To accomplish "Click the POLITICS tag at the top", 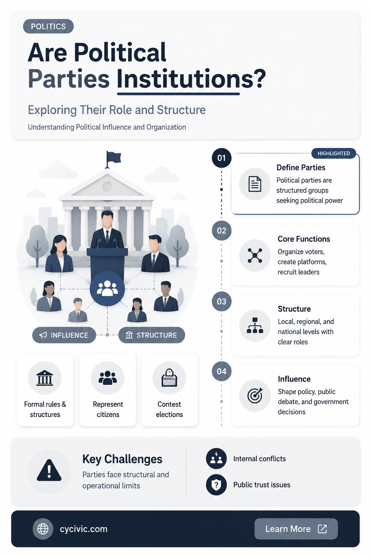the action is pos(48,26).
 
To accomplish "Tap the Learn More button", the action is pos(296,529).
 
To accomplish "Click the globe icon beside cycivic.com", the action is pos(43,529).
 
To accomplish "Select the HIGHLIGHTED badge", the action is pos(333,153).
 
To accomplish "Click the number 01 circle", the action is pos(221,158).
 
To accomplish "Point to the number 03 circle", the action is pos(221,301).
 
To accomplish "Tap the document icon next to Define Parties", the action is pos(255,184).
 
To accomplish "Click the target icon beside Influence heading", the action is pos(255,395).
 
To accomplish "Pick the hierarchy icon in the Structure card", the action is pos(255,325).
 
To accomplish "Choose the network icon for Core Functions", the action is pos(255,255).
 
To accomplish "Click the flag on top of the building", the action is pos(113,158).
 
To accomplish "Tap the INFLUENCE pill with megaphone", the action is pos(64,335).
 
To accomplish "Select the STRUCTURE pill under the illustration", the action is pos(151,335).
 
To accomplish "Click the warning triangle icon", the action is pos(49,470).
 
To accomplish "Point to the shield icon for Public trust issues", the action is pos(216,484).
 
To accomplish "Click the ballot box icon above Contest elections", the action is pos(169,378).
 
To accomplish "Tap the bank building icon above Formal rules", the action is pos(45,378).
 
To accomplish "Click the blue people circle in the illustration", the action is pos(107,289).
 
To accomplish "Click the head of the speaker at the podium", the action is pos(107,219).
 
